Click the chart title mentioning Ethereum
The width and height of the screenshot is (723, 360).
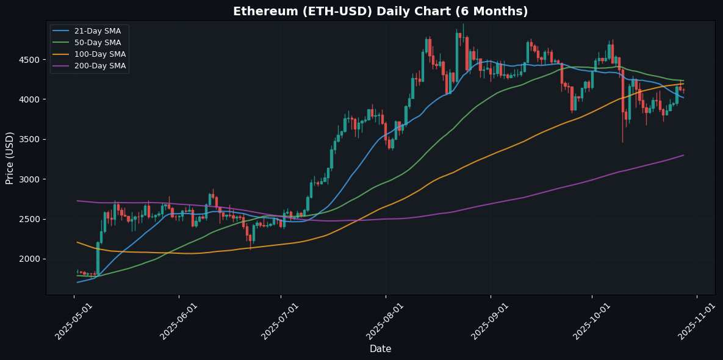coord(380,11)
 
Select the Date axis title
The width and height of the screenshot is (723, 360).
coord(380,348)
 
